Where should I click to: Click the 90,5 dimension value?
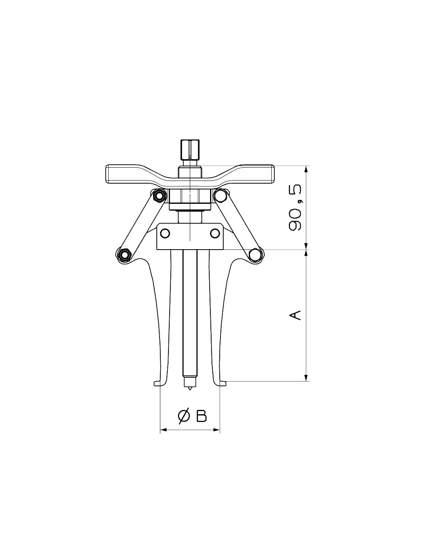click(x=295, y=207)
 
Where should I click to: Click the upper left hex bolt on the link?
click(x=160, y=196)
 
